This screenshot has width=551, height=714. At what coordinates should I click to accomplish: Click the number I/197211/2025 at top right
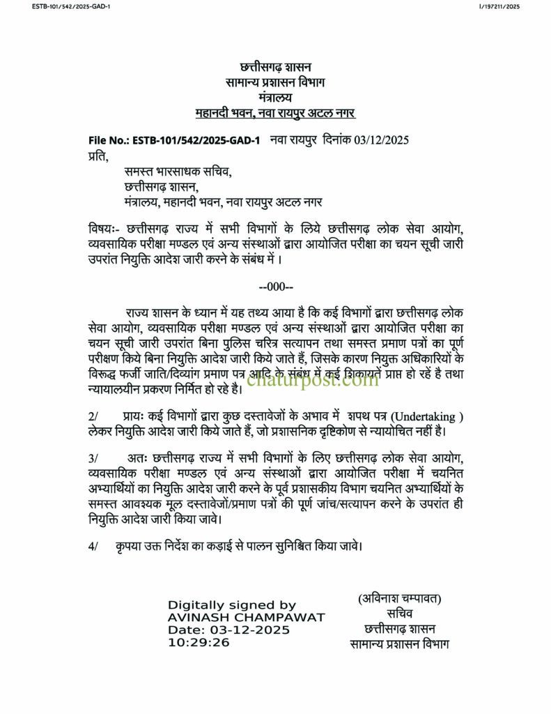point(499,6)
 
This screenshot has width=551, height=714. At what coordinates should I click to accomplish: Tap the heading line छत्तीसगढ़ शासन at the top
point(275,68)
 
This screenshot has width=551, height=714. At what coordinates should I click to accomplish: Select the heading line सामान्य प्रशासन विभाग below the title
point(275,83)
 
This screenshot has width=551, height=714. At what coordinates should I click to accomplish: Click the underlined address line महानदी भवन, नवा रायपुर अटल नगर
point(275,113)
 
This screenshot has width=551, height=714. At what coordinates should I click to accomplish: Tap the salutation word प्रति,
point(98,155)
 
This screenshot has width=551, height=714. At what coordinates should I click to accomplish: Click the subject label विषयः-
point(104,229)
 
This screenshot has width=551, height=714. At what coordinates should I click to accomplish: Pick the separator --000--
point(276,287)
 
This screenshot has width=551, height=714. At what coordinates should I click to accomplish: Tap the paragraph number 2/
point(93,416)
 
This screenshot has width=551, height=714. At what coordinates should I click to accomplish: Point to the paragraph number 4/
point(93,547)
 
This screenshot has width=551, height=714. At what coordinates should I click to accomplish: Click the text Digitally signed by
point(232,605)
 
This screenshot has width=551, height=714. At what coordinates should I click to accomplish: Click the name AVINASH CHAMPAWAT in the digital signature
point(246,618)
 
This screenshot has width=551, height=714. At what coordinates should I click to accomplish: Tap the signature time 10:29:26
point(199,642)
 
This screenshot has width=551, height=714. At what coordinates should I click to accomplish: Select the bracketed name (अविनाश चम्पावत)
point(400,599)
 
